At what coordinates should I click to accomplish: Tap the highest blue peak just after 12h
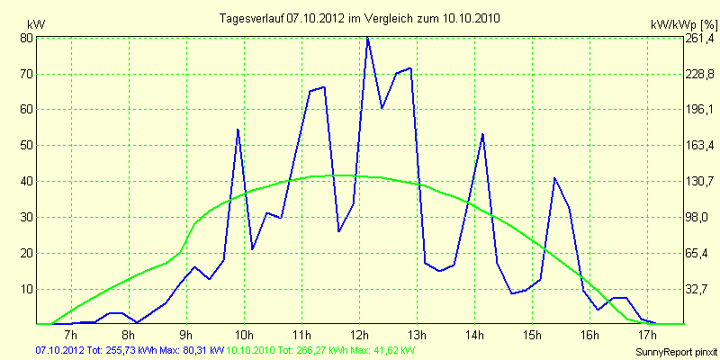[x=367, y=38]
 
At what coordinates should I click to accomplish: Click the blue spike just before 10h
[x=238, y=130]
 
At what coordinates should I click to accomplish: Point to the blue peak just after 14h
[x=483, y=134]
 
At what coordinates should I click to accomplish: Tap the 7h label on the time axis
[x=71, y=336]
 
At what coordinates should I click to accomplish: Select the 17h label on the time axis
[x=646, y=336]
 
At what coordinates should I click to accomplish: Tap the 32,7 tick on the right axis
[x=700, y=289]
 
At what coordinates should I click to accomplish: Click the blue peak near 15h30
[x=555, y=178]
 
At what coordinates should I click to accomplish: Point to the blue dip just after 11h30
[x=339, y=231]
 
